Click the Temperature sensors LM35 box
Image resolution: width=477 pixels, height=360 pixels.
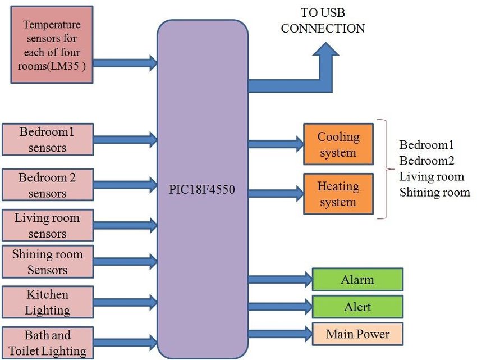51,44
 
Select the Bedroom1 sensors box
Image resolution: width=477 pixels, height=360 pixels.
47,140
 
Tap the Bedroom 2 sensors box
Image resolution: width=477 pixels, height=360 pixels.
47,185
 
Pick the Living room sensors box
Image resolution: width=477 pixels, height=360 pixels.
47,226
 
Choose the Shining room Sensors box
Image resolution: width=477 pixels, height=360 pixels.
47,262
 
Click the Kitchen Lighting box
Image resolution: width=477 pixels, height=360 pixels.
47,302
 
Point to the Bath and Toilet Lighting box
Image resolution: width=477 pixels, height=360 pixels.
47,343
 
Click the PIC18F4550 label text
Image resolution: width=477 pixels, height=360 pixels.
201,190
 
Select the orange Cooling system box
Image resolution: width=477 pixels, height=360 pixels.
338,144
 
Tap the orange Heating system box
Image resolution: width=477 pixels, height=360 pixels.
338,194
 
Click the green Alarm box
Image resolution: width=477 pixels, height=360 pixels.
357,280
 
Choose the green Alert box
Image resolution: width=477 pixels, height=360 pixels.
357,307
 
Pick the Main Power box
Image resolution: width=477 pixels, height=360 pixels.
357,334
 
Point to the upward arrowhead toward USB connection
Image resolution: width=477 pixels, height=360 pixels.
325,49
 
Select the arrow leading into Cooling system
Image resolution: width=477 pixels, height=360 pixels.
275,144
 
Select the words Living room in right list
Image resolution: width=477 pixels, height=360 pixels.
432,177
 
